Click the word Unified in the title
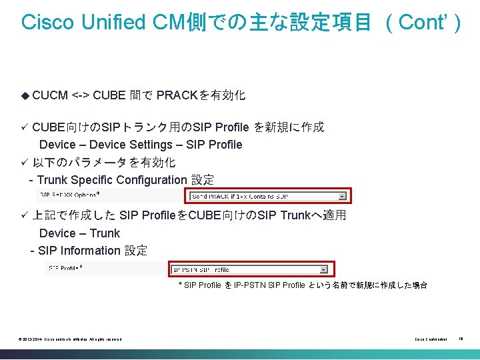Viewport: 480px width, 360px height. [x=109, y=21]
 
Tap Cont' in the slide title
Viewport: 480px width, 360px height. [x=423, y=21]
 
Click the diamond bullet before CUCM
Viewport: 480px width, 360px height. [x=25, y=95]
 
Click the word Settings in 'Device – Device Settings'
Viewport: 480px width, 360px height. [x=151, y=145]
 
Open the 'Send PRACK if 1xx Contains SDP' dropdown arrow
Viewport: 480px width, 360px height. [x=342, y=196]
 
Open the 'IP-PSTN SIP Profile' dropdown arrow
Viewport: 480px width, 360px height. [x=324, y=269]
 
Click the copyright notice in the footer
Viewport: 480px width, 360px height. [x=71, y=339]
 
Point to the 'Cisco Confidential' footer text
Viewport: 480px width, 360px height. [x=431, y=339]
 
